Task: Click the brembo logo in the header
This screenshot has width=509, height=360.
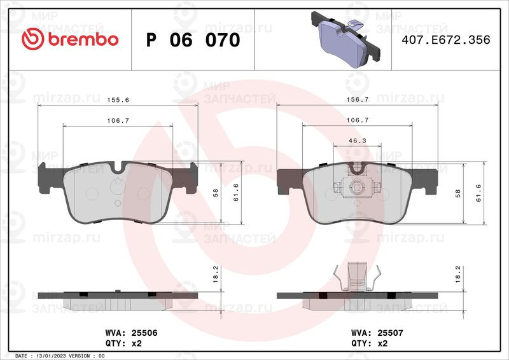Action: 70,39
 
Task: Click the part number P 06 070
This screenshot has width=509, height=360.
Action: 193,40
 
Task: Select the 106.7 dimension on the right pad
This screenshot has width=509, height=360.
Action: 357,120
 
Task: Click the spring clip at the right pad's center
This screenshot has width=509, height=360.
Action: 356,187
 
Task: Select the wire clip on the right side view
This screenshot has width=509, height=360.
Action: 357,277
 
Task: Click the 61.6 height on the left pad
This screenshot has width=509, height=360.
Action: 235,193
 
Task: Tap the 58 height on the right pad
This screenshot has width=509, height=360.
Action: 457,193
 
